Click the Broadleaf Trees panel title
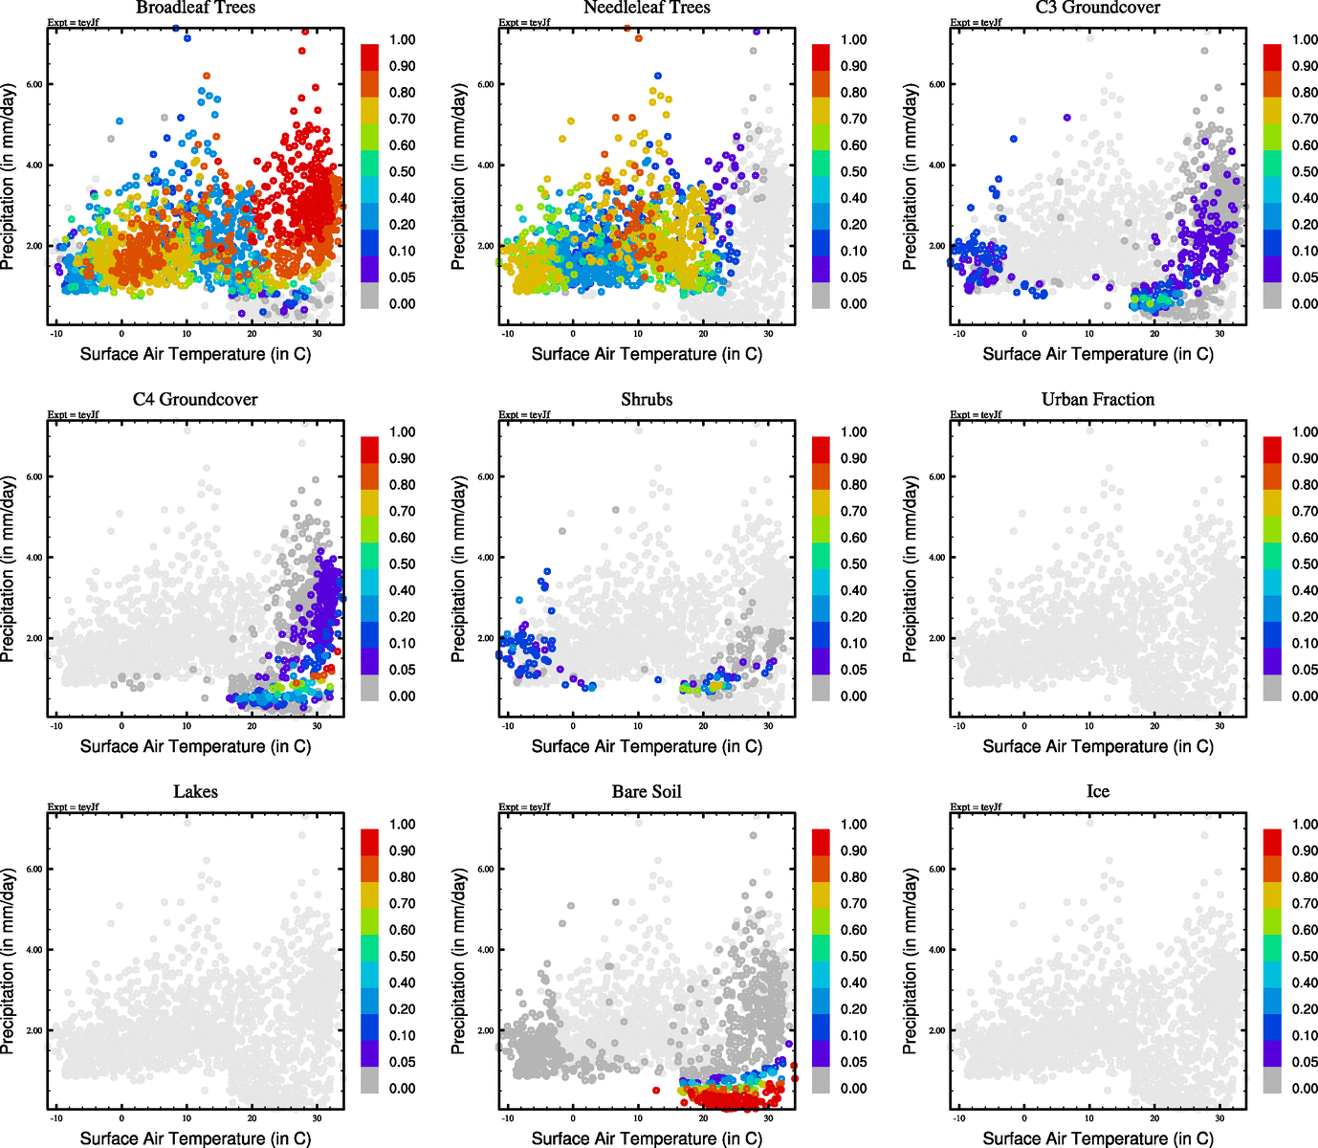195,8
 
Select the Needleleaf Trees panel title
647,8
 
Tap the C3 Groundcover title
1097,8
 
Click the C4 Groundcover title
195,400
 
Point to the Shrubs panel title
647,400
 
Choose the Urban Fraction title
1097,400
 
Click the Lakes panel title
195,792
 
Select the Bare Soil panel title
647,792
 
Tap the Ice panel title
1097,792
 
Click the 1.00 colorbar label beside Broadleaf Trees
402,40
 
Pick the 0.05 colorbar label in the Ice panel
1305,1062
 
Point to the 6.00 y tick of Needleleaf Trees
486,84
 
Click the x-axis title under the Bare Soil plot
647,1138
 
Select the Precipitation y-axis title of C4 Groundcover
9,570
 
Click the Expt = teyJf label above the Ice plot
976,807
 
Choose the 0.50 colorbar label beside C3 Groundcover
1305,172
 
